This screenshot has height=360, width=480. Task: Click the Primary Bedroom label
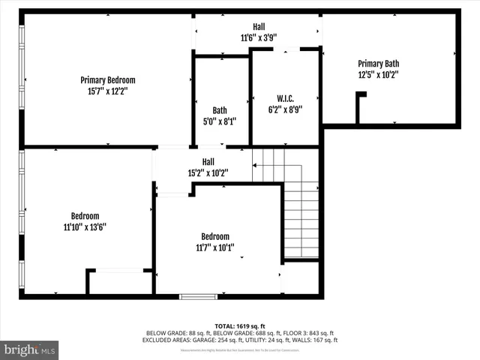coord(107,79)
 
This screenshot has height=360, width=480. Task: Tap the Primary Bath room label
coord(378,63)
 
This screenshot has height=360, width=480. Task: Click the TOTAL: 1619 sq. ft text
coord(239,325)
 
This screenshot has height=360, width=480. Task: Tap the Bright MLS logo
coord(30,349)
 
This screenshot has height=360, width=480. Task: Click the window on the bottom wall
coord(198,296)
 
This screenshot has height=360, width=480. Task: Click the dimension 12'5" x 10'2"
coord(378,74)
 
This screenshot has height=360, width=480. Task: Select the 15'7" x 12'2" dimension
coord(107,91)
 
